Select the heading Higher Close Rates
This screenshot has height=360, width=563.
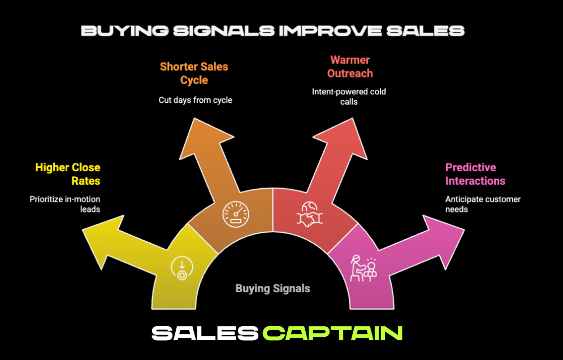point(67,174)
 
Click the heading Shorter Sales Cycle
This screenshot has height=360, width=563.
point(194,73)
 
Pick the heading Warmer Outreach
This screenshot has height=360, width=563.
point(350,67)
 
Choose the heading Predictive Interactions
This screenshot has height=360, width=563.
point(475,174)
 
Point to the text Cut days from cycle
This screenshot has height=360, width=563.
point(195,100)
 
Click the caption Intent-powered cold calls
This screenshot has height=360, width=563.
point(349,96)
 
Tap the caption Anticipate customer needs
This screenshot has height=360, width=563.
point(483,204)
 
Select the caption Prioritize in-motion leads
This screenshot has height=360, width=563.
point(64,204)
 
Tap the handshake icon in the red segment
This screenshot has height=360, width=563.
point(309,215)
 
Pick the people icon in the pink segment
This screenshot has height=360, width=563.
point(363,267)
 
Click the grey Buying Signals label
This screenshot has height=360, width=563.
point(272,288)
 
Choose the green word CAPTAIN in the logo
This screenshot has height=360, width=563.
point(333,333)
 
